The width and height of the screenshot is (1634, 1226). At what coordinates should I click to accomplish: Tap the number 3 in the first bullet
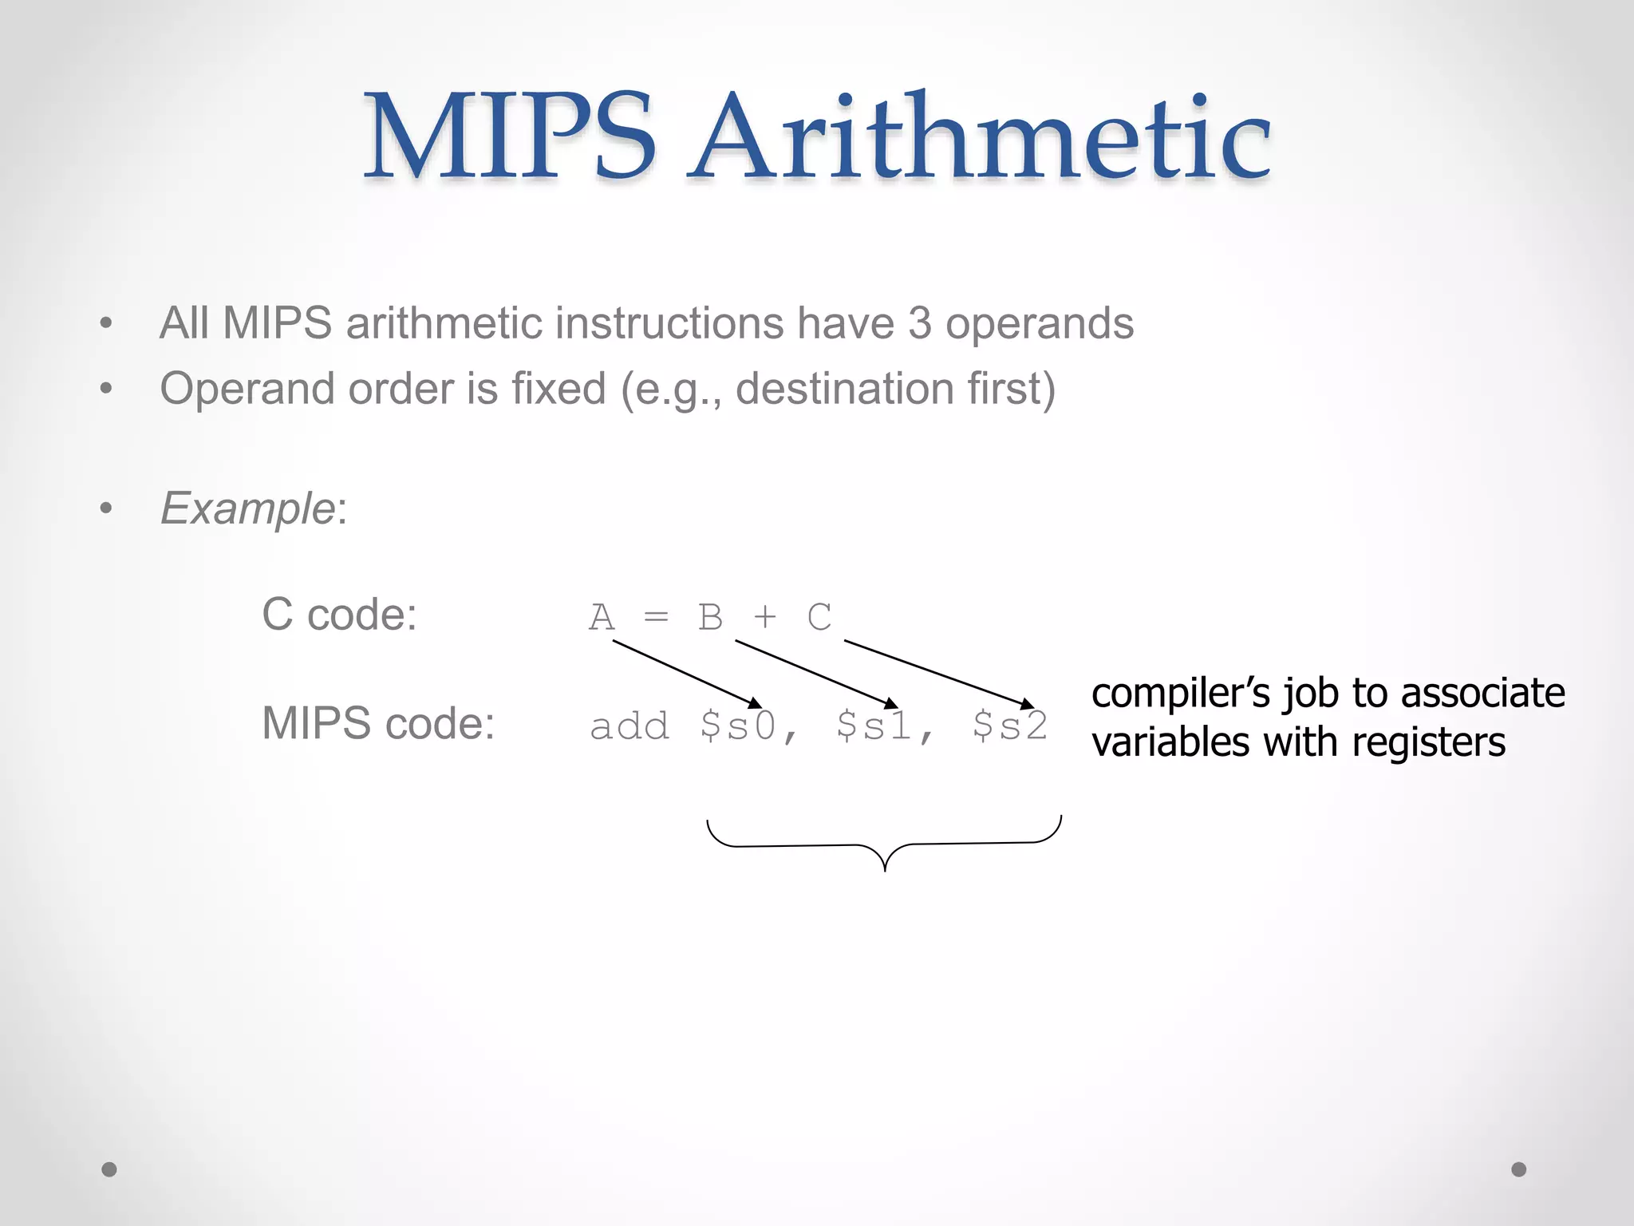920,323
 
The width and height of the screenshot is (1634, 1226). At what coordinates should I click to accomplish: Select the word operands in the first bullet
1040,323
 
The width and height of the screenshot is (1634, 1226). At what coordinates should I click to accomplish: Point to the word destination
844,389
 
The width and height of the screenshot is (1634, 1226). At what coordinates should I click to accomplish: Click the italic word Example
247,508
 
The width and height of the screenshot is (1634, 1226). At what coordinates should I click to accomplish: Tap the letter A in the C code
602,617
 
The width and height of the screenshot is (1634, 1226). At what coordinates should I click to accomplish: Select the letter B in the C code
710,617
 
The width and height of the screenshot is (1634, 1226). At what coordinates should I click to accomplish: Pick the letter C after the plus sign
819,617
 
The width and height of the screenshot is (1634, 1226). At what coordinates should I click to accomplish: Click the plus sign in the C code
765,617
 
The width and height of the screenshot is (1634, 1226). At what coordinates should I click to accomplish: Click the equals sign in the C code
656,617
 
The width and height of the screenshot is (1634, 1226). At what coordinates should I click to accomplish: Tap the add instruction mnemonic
629,726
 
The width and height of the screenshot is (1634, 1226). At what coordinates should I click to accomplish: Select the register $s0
738,726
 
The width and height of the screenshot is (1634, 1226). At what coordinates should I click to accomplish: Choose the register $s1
874,726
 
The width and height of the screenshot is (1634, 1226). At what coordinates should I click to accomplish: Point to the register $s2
1010,726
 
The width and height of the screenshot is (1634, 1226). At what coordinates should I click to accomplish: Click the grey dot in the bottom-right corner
1519,1169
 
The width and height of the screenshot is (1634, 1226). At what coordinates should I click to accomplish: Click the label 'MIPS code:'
378,724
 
